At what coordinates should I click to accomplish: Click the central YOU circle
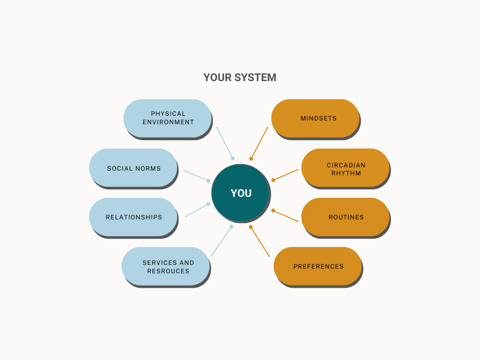click(x=240, y=193)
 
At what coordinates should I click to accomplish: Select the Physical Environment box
click(x=167, y=119)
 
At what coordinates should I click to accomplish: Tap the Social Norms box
click(x=133, y=168)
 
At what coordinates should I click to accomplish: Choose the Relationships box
click(x=133, y=217)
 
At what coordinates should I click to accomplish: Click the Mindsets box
click(x=315, y=119)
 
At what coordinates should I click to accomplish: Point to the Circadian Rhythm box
click(x=345, y=168)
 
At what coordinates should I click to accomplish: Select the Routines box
click(x=345, y=217)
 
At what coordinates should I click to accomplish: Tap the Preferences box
click(x=318, y=266)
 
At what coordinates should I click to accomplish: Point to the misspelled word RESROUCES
click(x=168, y=271)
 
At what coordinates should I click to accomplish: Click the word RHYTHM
click(x=346, y=173)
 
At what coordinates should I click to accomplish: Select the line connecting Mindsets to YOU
click(x=260, y=142)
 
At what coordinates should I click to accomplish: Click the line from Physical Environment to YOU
click(x=225, y=142)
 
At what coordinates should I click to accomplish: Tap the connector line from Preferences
click(x=260, y=241)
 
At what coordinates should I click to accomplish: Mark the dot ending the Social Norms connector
click(x=208, y=180)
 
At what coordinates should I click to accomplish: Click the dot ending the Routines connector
click(x=273, y=210)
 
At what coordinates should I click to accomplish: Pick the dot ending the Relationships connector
click(x=208, y=204)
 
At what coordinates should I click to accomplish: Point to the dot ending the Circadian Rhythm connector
click(x=273, y=180)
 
